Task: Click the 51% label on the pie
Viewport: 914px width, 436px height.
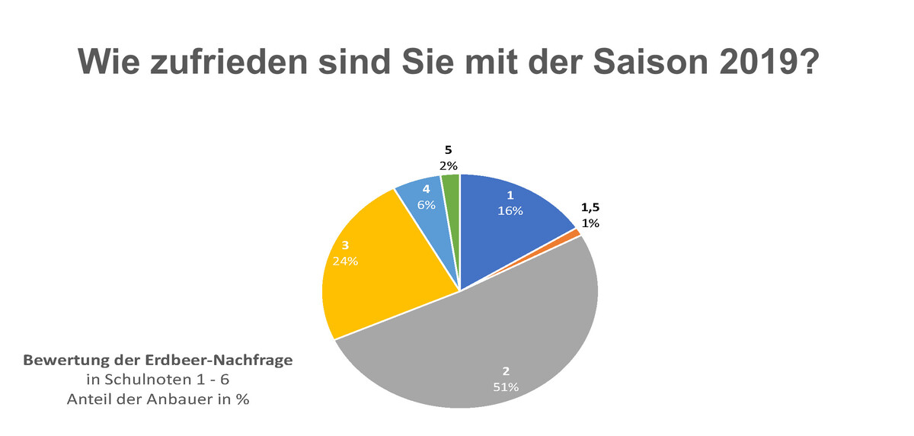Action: [x=506, y=387]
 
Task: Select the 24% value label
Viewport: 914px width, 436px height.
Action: [x=345, y=261]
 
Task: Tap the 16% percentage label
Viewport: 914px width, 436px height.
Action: [x=510, y=211]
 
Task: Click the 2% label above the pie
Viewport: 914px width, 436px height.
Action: [x=448, y=165]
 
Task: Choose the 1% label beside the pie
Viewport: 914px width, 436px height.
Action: [x=591, y=223]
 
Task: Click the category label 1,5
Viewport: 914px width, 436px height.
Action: [x=590, y=207]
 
